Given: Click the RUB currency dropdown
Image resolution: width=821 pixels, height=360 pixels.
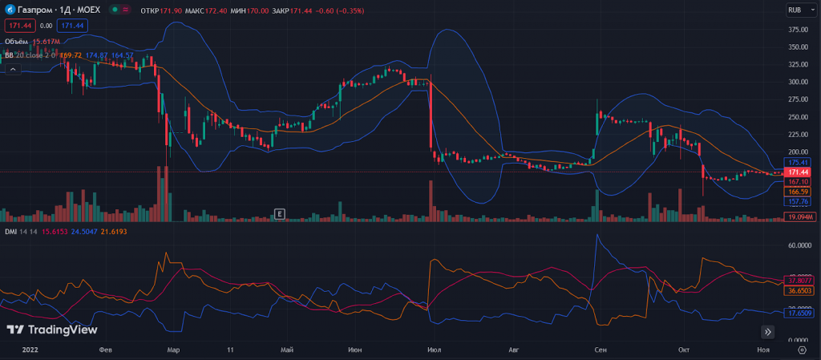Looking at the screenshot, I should coord(799,10).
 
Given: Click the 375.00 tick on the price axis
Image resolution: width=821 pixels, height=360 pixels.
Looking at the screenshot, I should coord(797,30).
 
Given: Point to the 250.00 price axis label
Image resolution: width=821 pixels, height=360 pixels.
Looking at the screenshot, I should coord(797,117).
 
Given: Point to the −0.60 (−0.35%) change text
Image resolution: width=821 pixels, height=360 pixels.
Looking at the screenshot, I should coord(340,11).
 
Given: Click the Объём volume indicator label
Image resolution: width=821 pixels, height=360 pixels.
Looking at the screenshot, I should coord(17,41).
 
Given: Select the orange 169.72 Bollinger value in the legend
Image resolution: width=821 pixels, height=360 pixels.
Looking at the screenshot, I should coord(71,55).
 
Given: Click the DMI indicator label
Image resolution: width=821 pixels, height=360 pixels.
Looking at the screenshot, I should coord(10,232).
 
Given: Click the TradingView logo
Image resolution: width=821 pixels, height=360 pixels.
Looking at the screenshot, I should coord(51,330).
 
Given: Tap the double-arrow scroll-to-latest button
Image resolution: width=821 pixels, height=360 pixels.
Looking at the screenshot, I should coord(768,331).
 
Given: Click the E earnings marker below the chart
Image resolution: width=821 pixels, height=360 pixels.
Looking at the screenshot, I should coord(280,213).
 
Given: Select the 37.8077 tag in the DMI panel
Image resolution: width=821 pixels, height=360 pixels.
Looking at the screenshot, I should coord(799,280).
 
